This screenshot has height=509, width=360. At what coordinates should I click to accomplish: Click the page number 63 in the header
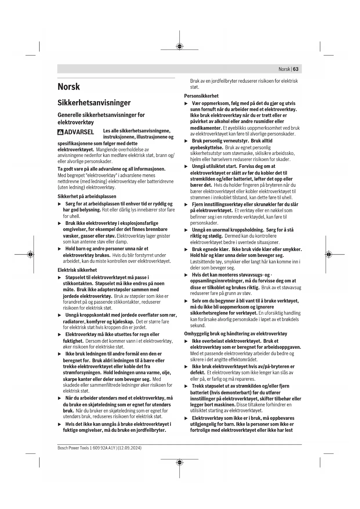[296, 69]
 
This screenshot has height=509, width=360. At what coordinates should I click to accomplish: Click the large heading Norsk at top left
[68, 87]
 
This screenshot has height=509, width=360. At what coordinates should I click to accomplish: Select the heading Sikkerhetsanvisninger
[94, 103]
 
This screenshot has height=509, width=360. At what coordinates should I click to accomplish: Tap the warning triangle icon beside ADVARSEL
[60, 132]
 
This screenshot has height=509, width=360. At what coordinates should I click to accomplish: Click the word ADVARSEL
[79, 132]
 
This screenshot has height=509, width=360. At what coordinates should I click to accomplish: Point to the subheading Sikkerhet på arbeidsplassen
[87, 196]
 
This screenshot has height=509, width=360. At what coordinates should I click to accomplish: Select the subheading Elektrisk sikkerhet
[77, 270]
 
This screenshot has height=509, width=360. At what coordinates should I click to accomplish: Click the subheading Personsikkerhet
[201, 96]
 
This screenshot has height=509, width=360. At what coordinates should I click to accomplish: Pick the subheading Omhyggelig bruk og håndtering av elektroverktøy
[236, 334]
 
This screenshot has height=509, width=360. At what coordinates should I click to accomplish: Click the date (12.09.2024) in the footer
[129, 448]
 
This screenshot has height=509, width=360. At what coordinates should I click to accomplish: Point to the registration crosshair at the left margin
[30, 255]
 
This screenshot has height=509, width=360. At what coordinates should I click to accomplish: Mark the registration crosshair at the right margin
[328, 255]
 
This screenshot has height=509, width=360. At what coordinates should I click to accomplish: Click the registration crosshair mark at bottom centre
[180, 462]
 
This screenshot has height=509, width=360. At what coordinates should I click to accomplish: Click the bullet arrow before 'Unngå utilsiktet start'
[186, 166]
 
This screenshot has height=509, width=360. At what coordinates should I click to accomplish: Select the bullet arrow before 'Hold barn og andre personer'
[60, 249]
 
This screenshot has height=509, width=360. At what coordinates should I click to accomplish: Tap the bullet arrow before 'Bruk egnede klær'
[186, 250]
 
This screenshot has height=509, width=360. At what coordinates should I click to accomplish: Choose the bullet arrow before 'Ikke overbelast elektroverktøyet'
[186, 341]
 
